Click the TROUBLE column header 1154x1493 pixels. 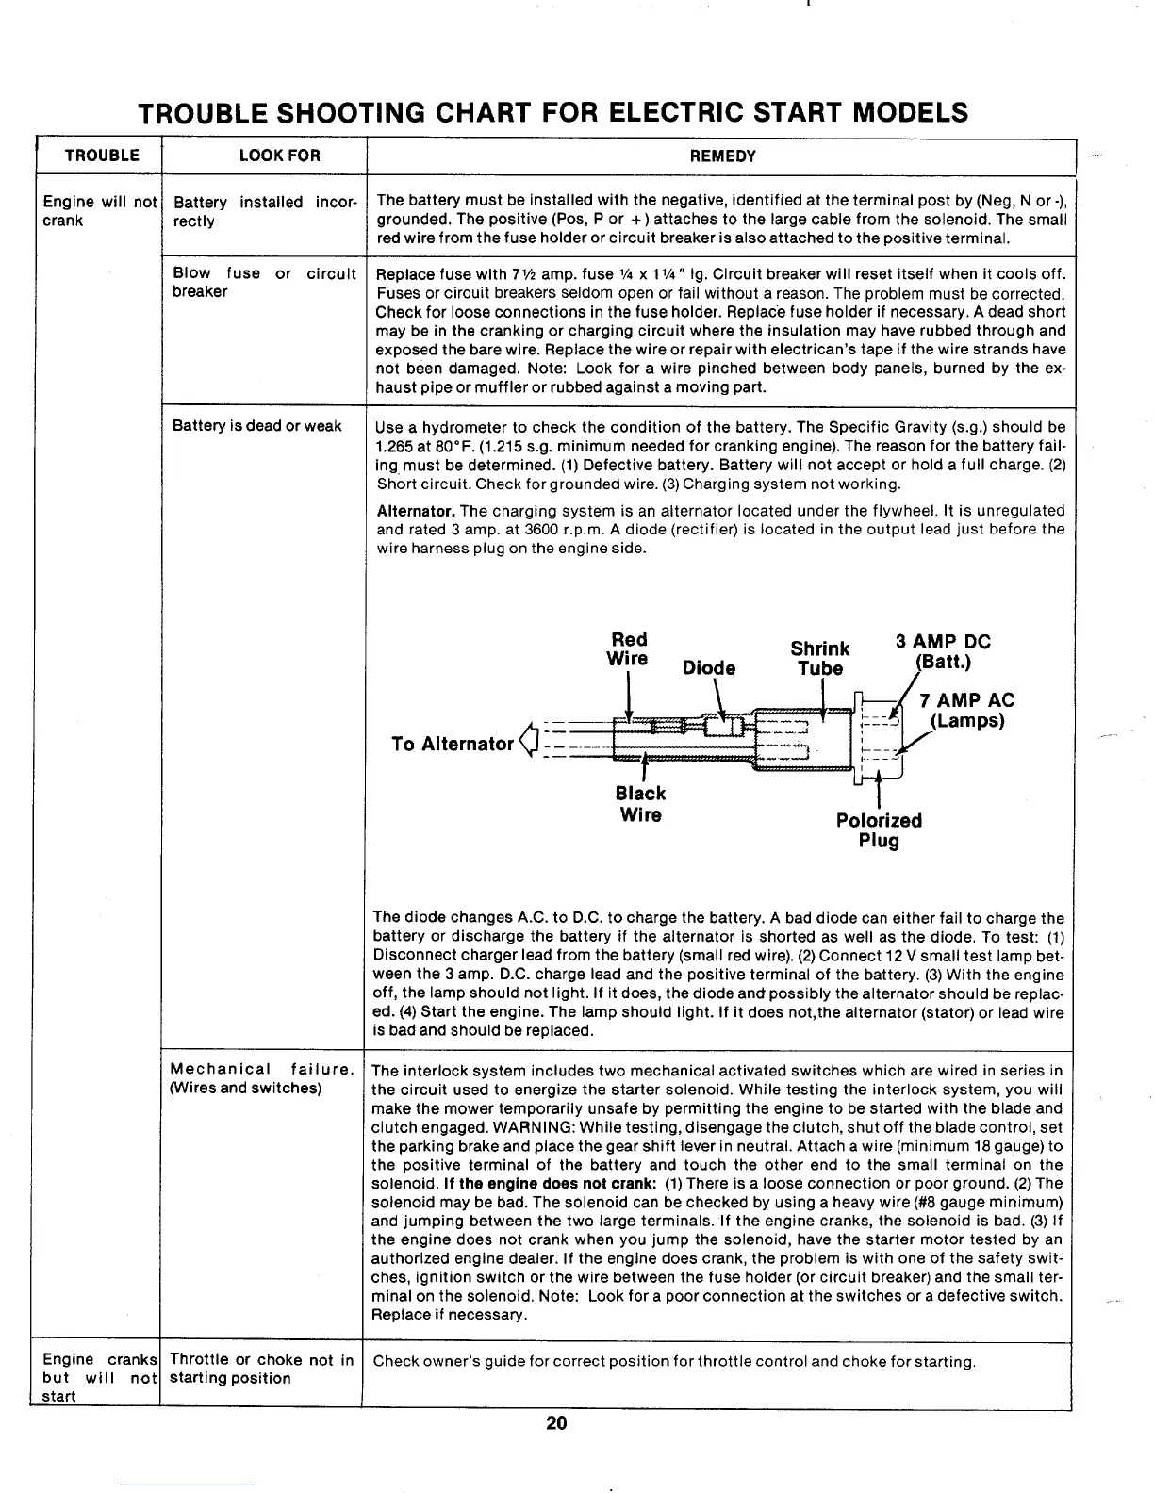tap(101, 156)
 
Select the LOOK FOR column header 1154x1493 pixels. tap(279, 156)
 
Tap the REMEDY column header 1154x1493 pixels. tap(723, 156)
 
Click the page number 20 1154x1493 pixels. tap(556, 1423)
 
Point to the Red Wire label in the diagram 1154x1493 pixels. tap(629, 648)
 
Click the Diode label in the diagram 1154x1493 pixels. tap(709, 668)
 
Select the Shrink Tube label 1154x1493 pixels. tap(820, 659)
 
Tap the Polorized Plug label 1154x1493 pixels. tap(879, 830)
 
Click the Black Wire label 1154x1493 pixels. tap(641, 804)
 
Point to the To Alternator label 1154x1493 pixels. tap(453, 745)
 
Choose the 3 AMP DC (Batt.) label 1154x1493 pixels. tap(943, 651)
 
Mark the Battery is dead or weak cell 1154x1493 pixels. tap(257, 426)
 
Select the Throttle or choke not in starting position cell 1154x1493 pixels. tap(261, 1369)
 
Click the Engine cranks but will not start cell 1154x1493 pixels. tap(98, 1377)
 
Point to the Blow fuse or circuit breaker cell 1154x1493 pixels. tap(264, 283)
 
